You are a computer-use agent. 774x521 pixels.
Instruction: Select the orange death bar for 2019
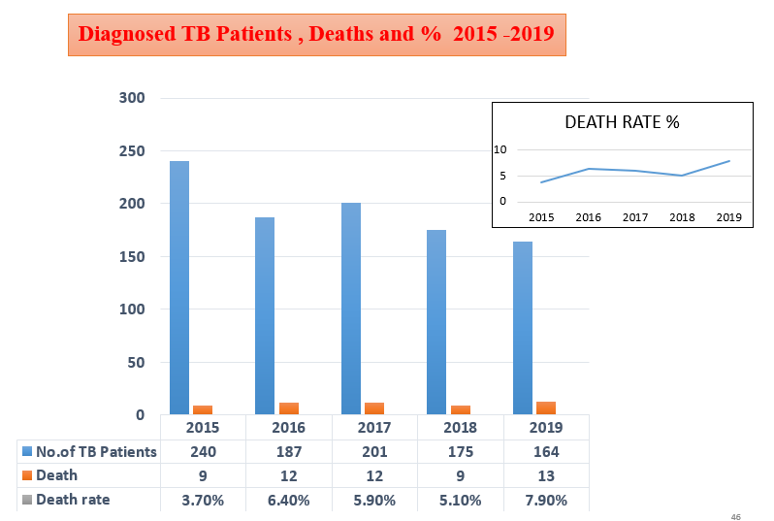(546, 407)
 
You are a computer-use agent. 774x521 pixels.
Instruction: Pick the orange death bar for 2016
(289, 408)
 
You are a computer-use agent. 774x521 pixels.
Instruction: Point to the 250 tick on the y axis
(132, 151)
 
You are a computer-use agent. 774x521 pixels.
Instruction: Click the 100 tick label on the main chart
(132, 309)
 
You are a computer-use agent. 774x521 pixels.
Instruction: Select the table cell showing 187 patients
(288, 451)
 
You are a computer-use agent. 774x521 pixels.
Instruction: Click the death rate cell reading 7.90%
(545, 500)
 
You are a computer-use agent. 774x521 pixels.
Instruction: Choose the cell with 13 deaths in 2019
(545, 475)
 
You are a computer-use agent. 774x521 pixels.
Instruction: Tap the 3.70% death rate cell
(203, 500)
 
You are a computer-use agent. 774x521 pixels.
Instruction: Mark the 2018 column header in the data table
(460, 428)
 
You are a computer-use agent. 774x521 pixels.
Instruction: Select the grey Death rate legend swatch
(27, 500)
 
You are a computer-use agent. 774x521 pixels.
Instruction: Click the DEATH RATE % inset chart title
(622, 123)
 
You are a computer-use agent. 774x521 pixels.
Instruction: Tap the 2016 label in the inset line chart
(588, 217)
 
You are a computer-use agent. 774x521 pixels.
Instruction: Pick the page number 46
(736, 517)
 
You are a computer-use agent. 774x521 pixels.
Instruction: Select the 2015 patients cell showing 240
(203, 451)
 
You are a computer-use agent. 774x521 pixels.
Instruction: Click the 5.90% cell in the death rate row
(374, 500)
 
